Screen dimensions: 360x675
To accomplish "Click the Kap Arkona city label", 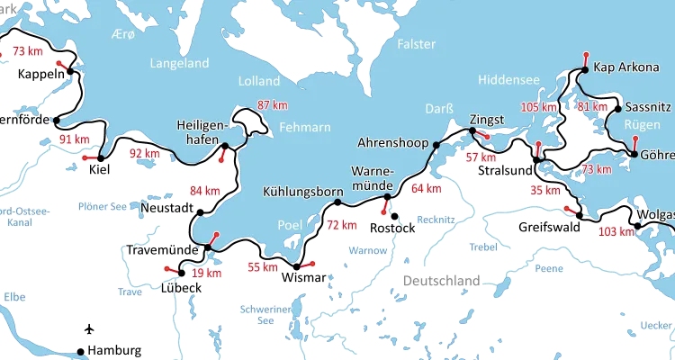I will pyautogui.click(x=624, y=68).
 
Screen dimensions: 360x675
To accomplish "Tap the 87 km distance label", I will pyautogui.click(x=273, y=104).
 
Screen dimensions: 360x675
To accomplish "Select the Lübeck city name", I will pyautogui.click(x=181, y=287).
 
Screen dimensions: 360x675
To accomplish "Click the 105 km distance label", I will pyautogui.click(x=539, y=107).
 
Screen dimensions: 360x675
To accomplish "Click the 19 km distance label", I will pyautogui.click(x=207, y=273).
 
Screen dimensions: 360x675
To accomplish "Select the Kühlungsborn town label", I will pyautogui.click(x=303, y=192).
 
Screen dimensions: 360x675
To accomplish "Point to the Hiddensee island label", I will pyautogui.click(x=509, y=80).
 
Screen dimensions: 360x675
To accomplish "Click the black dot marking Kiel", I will pyautogui.click(x=101, y=158).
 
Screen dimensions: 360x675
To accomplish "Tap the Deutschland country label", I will pyautogui.click(x=441, y=282).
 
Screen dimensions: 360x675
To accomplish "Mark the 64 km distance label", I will pyautogui.click(x=427, y=188).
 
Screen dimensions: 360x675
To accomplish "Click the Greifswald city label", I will pyautogui.click(x=548, y=228).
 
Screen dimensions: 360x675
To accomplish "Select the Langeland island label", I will pyautogui.click(x=180, y=64).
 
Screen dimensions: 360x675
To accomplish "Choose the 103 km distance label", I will pyautogui.click(x=616, y=231).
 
